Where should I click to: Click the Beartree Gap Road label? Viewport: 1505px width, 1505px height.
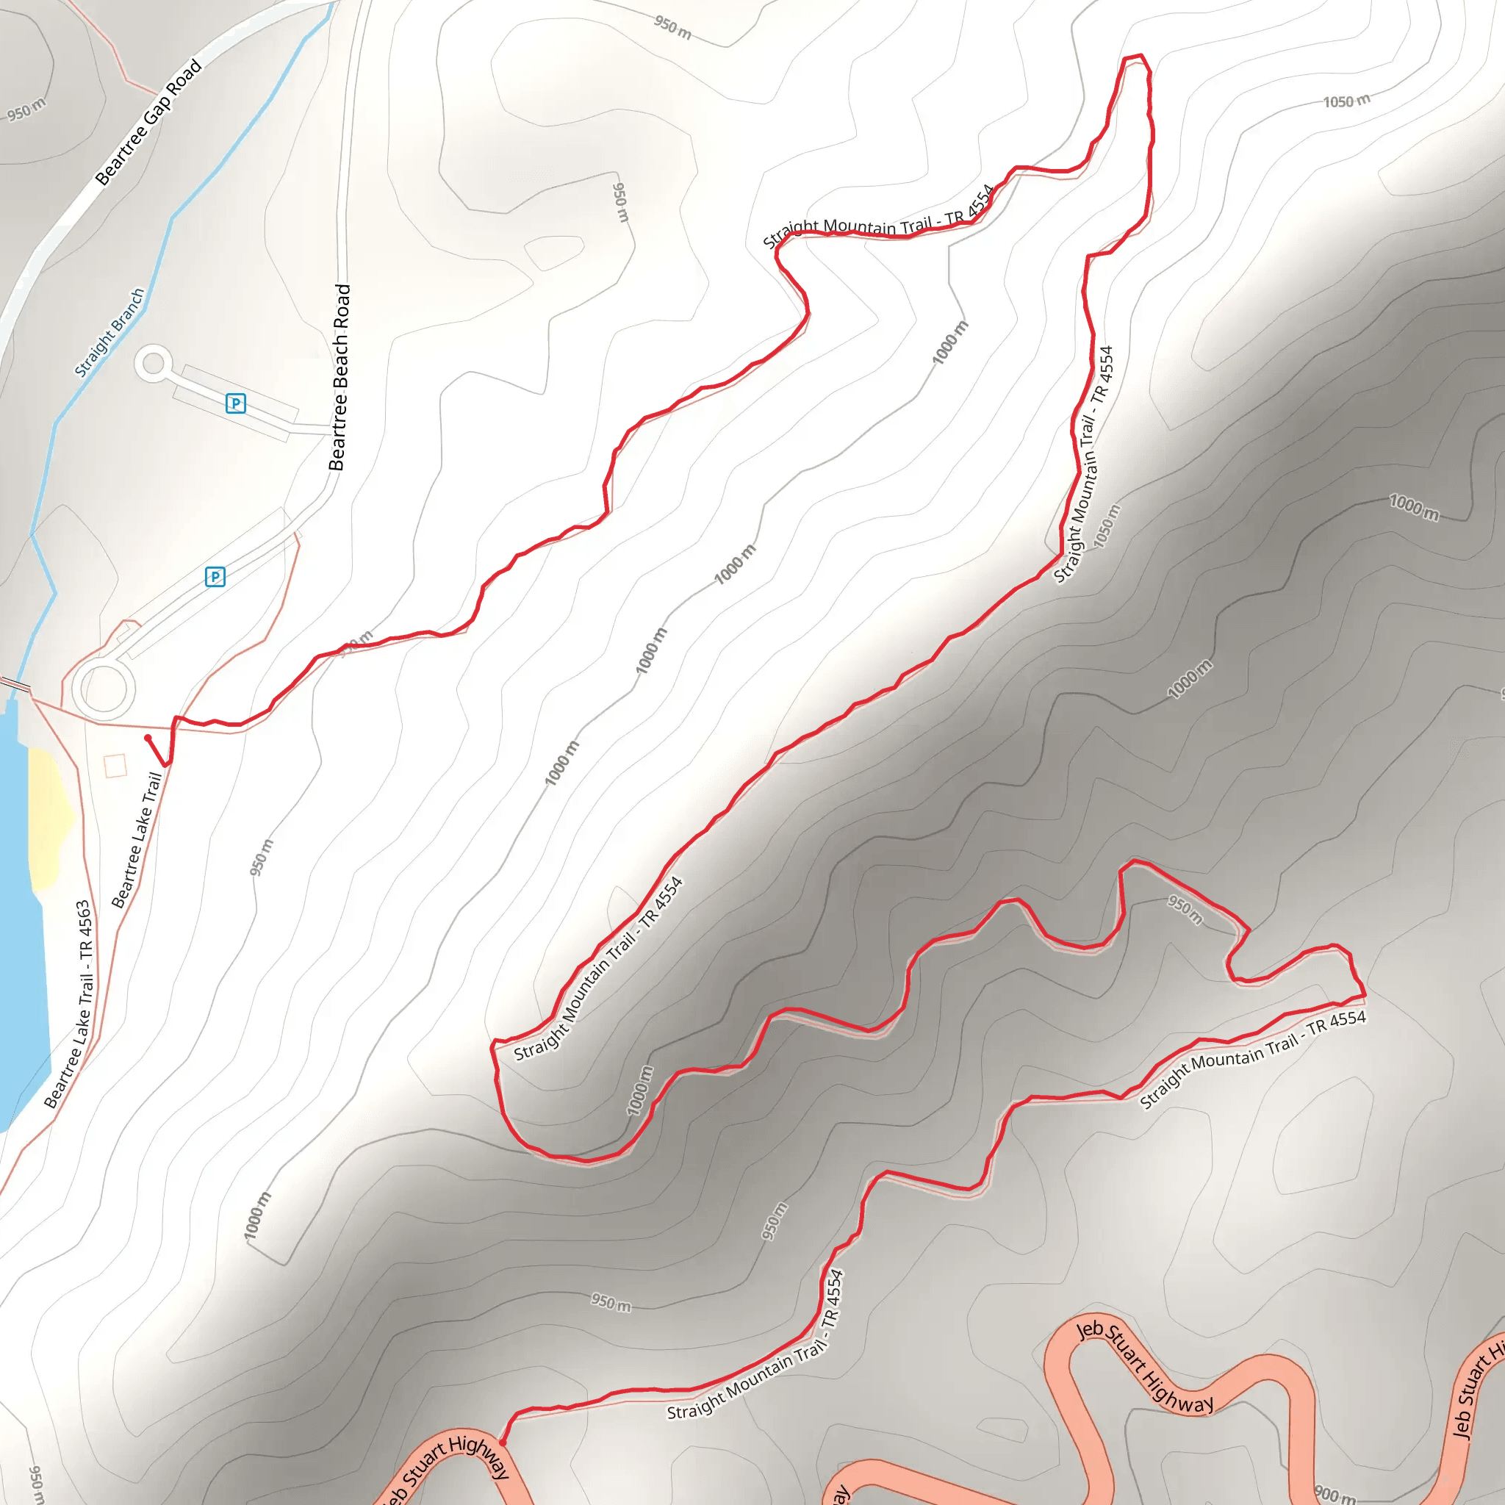pyautogui.click(x=148, y=123)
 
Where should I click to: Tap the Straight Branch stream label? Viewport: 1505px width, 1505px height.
pyautogui.click(x=109, y=333)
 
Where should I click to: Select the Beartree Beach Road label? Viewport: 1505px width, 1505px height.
pyautogui.click(x=340, y=377)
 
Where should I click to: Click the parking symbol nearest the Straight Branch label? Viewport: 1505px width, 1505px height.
pyautogui.click(x=235, y=403)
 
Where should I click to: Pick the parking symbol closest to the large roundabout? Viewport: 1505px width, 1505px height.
pyautogui.click(x=215, y=576)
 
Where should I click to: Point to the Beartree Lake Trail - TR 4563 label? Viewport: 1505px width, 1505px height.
pyautogui.click(x=70, y=1004)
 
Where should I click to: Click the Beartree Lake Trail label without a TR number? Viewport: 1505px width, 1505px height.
pyautogui.click(x=137, y=841)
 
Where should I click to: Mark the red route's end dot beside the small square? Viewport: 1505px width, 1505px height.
pyautogui.click(x=147, y=738)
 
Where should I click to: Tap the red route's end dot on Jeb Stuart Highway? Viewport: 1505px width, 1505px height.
pyautogui.click(x=503, y=1443)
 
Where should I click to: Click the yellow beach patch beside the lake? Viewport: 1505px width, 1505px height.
pyautogui.click(x=49, y=818)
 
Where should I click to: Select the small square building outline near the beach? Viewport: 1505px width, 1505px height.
pyautogui.click(x=115, y=766)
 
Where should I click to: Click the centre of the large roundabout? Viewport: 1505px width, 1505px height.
pyautogui.click(x=104, y=689)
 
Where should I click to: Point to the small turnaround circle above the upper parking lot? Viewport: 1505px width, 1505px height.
pyautogui.click(x=153, y=363)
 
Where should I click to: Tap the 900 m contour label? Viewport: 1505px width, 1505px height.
pyautogui.click(x=1335, y=1493)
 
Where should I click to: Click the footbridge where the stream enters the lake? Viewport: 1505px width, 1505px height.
pyautogui.click(x=15, y=685)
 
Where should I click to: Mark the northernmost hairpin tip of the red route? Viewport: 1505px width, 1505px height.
pyautogui.click(x=1133, y=57)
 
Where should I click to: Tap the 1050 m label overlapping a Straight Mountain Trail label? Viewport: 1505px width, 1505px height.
pyautogui.click(x=1107, y=526)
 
